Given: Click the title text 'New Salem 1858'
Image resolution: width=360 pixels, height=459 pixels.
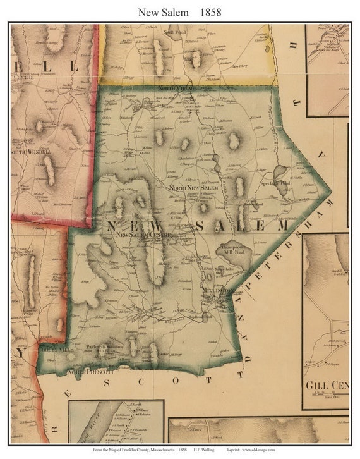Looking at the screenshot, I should click(179, 11).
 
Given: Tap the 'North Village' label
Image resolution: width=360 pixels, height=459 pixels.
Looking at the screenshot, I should click(178, 89).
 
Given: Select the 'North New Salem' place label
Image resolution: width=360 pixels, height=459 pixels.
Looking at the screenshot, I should click(191, 188).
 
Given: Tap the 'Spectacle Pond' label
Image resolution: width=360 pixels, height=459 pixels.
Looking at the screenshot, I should click(274, 183).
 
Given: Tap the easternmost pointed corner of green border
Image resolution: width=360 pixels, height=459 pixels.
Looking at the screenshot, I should click(331, 190).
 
